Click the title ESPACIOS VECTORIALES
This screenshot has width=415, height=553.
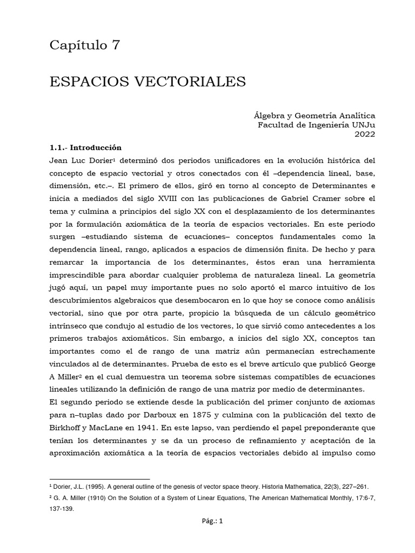[148, 82]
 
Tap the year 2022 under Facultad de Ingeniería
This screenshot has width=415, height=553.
[365, 135]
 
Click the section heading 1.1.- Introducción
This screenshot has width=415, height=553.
[85, 147]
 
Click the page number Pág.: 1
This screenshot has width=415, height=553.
[208, 536]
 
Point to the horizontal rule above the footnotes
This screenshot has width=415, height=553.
[99, 478]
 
